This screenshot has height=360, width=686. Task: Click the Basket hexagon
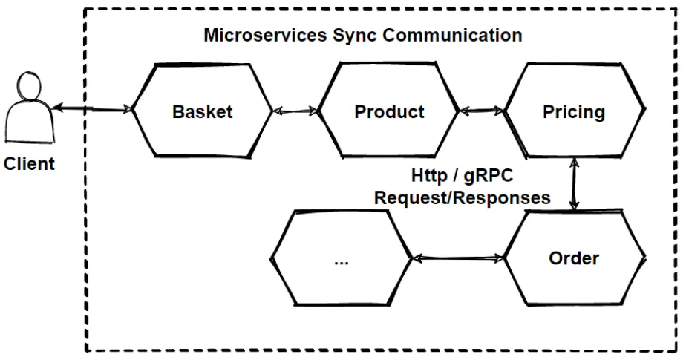pos(202,111)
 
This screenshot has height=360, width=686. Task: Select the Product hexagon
pos(390,111)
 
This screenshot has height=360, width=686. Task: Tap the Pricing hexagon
pos(573,111)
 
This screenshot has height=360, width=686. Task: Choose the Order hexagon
pos(573,258)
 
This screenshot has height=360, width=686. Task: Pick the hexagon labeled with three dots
pos(341,258)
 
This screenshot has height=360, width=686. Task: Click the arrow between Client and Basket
pos(93,111)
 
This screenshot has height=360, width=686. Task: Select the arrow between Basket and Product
pos(296,111)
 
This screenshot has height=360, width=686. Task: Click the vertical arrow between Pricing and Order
pos(573,186)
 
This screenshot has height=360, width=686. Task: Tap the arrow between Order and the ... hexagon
pos(457,259)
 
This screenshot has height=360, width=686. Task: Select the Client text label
pos(29,164)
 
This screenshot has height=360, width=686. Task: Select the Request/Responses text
pos(463,197)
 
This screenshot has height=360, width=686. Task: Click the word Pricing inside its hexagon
pos(573,112)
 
